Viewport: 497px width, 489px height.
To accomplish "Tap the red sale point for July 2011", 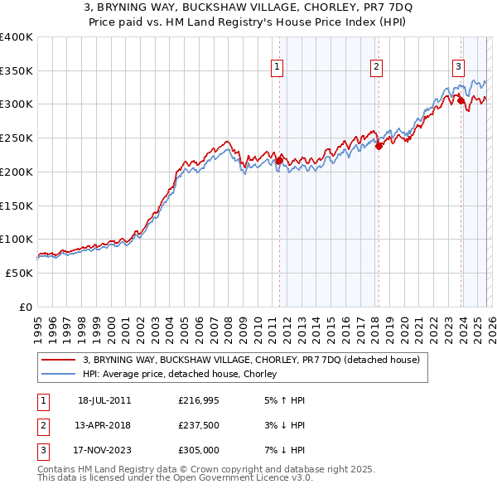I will point(279,159).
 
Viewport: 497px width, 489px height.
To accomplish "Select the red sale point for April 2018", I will point(379,146).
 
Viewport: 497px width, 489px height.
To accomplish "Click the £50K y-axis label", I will point(19,273).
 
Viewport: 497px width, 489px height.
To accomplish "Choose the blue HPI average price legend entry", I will point(182,374).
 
